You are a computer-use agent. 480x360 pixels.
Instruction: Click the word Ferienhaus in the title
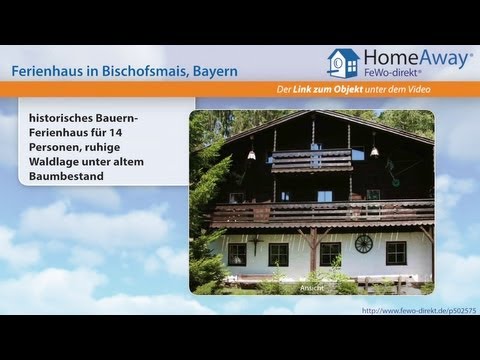pos(53,71)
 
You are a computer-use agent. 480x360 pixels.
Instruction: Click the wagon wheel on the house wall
pos(364,243)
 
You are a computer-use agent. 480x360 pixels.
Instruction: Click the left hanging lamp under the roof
pos(252,154)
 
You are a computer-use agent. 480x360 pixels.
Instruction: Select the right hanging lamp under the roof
pos(374,151)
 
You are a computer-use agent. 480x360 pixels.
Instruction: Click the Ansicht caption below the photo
pos(312,288)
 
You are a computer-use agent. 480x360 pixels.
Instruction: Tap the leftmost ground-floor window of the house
pos(237,254)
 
